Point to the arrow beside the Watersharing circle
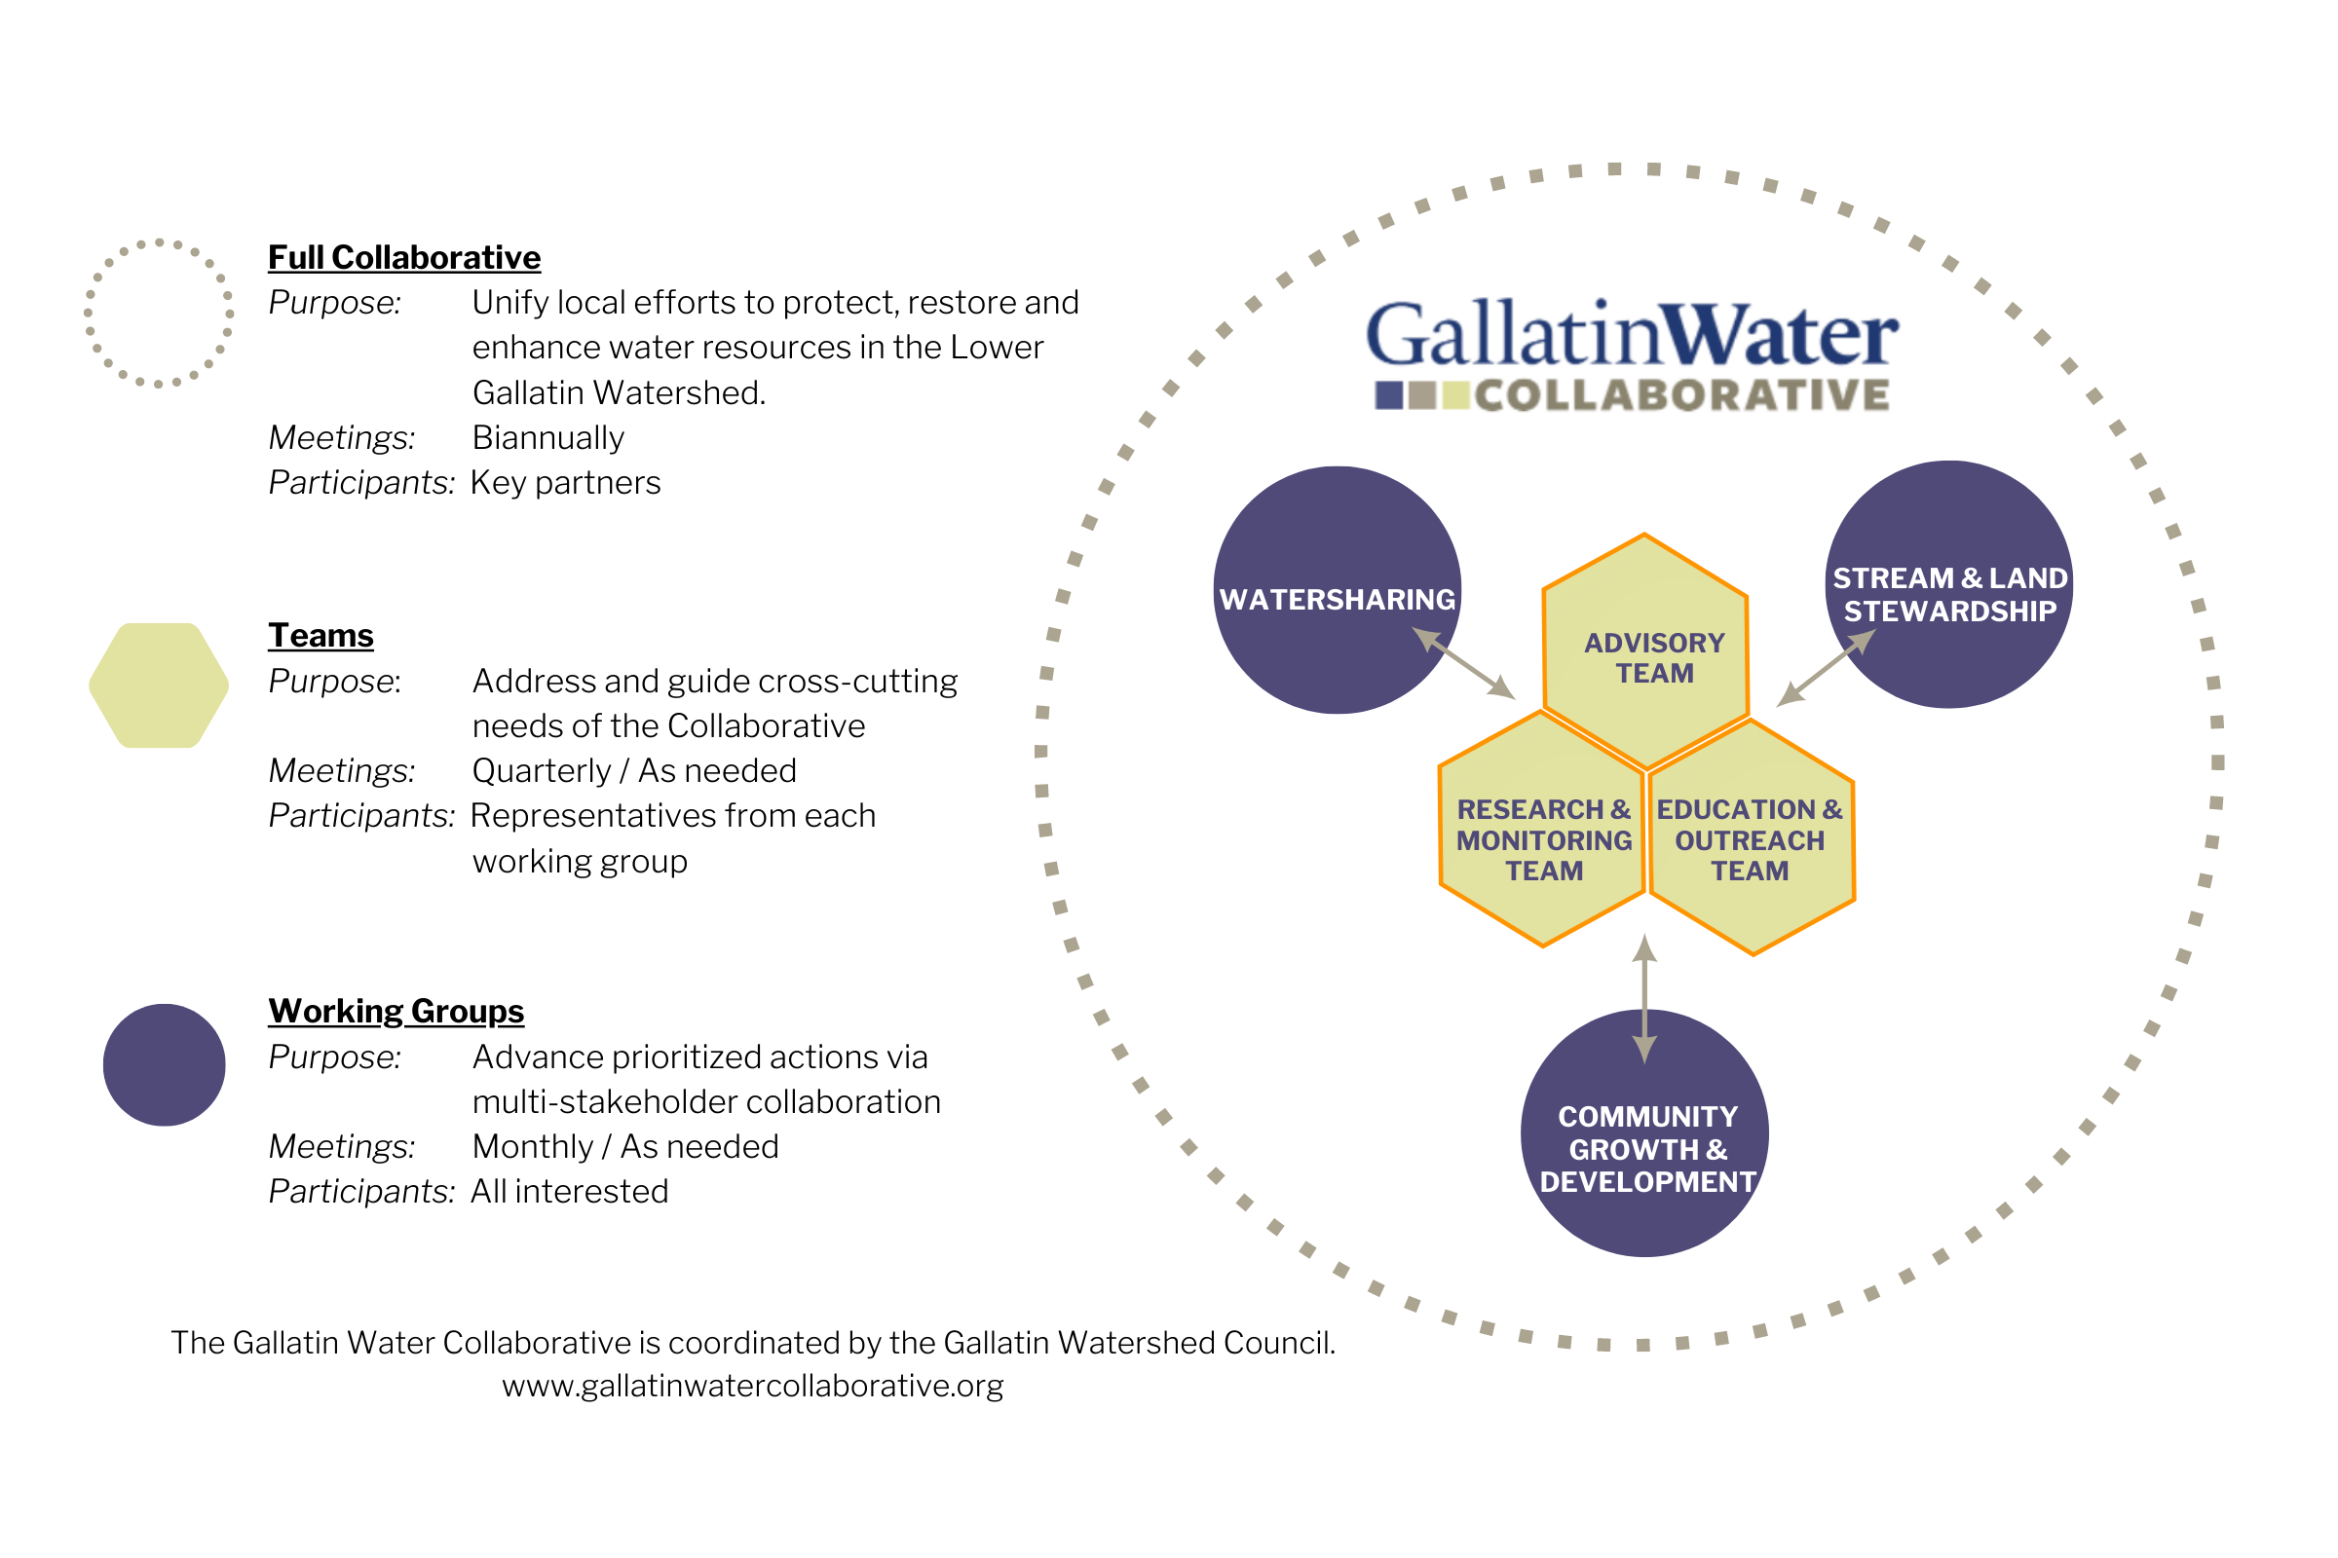tap(1463, 664)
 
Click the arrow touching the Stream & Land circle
tap(1825, 668)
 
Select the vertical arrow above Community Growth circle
tap(1645, 999)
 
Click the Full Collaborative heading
tap(404, 257)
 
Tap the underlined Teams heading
tap(321, 635)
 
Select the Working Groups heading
tap(396, 1011)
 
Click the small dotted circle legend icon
tap(158, 313)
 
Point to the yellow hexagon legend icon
tap(159, 686)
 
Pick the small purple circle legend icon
tap(164, 1065)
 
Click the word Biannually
tap(547, 437)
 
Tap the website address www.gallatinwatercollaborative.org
tap(752, 1385)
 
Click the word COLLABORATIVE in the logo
tap(1682, 395)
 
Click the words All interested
tap(570, 1191)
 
